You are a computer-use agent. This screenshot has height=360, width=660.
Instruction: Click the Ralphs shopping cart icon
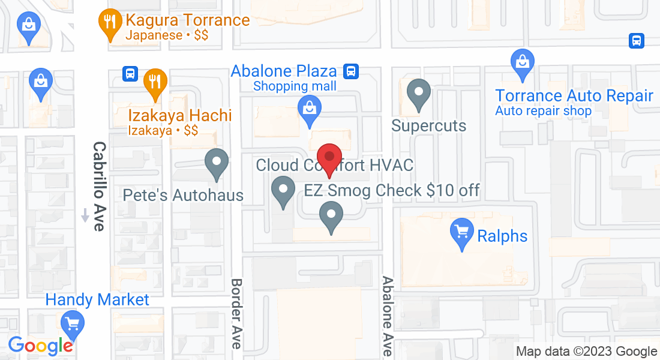461,233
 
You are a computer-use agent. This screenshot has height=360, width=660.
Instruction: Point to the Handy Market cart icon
73,325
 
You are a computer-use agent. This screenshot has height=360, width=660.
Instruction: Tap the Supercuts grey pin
419,94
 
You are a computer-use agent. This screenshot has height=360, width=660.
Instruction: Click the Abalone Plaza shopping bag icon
309,110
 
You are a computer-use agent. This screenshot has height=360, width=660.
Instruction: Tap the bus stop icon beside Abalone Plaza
351,71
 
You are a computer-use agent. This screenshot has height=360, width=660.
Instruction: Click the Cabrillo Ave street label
99,186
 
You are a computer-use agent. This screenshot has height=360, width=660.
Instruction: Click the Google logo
40,346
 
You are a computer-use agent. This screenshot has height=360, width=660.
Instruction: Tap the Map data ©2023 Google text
586,352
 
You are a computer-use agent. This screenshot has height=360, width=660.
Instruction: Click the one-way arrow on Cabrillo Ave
85,214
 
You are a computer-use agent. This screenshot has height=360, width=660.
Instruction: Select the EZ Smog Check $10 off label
392,191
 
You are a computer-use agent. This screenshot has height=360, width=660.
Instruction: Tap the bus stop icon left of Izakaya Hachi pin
129,74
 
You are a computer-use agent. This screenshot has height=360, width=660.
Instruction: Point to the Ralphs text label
502,236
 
